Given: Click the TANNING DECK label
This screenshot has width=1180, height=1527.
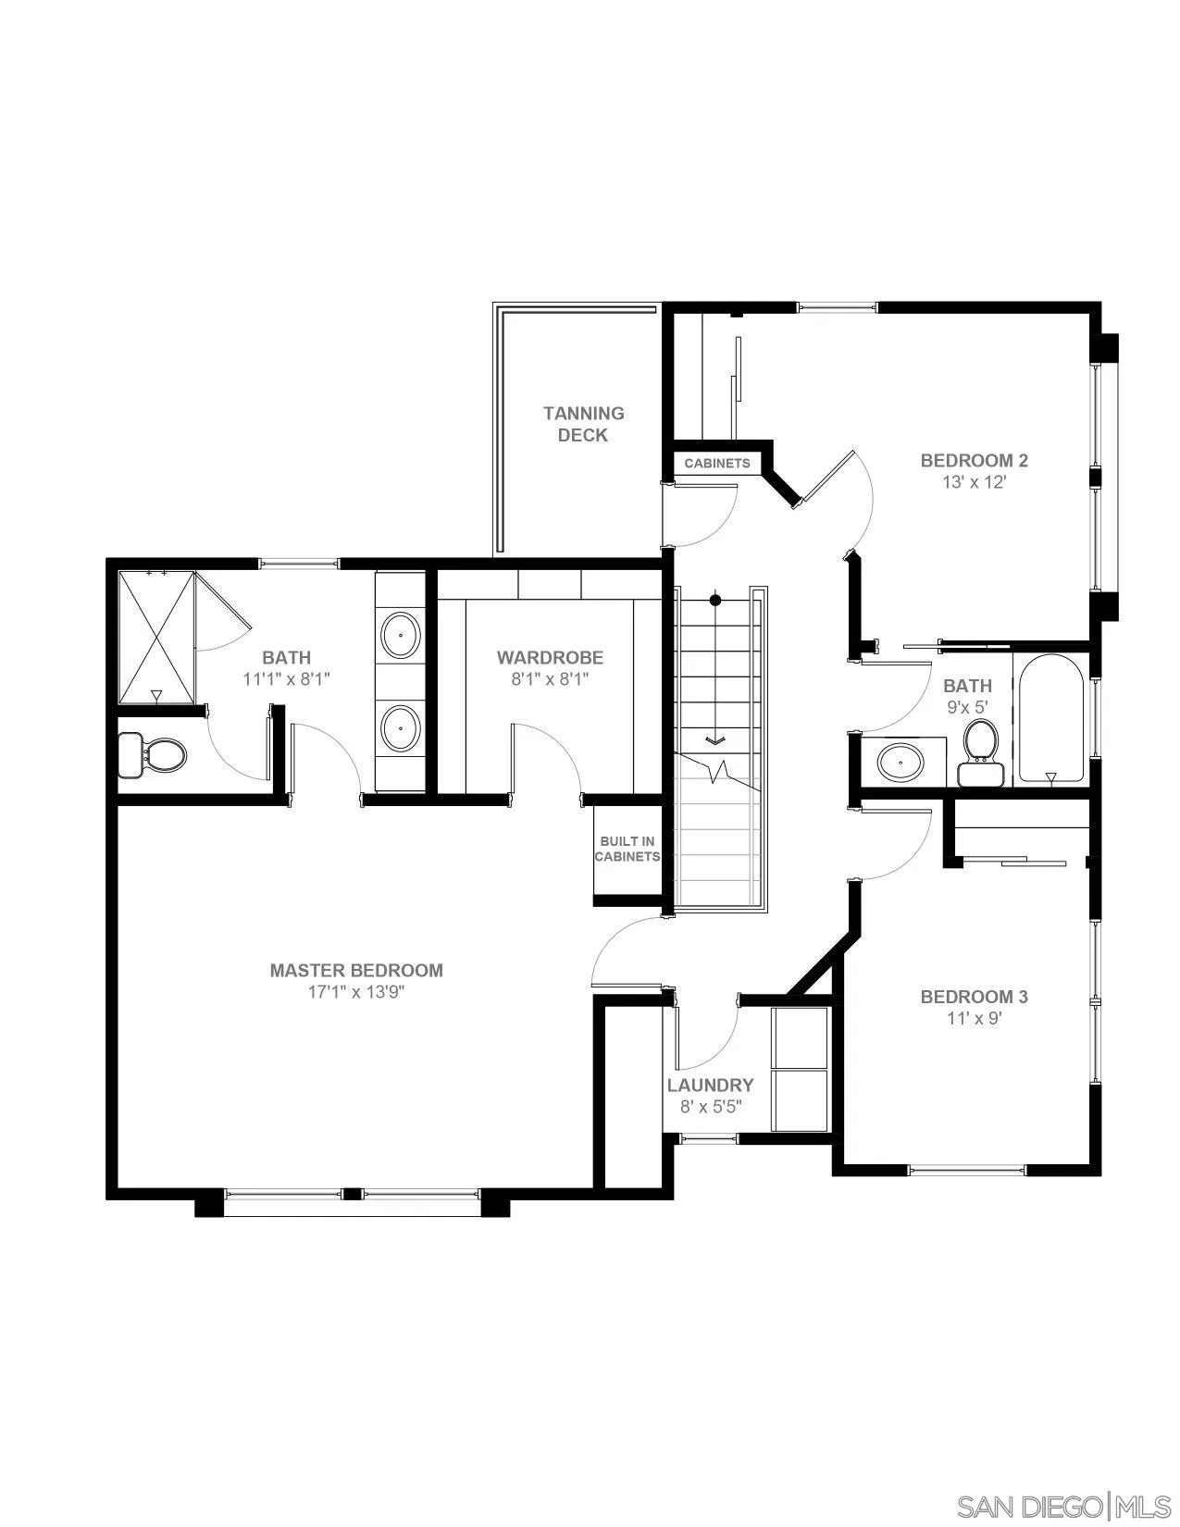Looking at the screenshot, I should pyautogui.click(x=583, y=424).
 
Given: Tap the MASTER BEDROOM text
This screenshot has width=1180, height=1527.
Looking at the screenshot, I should pyautogui.click(x=356, y=970).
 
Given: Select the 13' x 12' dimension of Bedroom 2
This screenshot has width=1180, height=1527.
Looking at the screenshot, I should pyautogui.click(x=974, y=482).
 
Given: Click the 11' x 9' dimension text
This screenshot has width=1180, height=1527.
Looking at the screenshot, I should pyautogui.click(x=974, y=1018).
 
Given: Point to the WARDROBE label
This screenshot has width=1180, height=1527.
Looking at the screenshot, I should pyautogui.click(x=550, y=657).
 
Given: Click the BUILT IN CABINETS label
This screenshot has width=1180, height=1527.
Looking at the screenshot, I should pyautogui.click(x=627, y=849).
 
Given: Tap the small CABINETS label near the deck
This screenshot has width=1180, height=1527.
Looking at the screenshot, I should pyautogui.click(x=716, y=463).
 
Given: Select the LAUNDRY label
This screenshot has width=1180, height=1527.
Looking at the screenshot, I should pyautogui.click(x=710, y=1085).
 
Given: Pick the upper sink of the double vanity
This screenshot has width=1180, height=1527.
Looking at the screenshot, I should pyautogui.click(x=400, y=634).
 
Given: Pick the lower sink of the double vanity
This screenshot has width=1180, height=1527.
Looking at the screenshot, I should pyautogui.click(x=400, y=726).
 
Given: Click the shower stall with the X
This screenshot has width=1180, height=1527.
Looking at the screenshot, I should pyautogui.click(x=156, y=638).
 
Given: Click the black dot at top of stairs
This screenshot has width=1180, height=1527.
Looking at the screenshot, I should pyautogui.click(x=715, y=601).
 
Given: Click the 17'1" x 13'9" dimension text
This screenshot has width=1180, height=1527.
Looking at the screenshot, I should pyautogui.click(x=356, y=992).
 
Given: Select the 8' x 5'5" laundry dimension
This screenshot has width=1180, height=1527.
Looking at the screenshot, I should pyautogui.click(x=710, y=1106).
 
